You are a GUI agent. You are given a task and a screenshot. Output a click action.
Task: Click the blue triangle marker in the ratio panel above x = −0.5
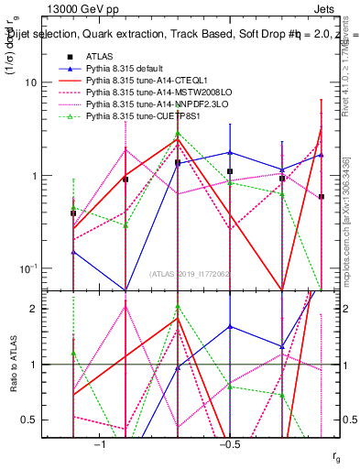pyautogui.click(x=230, y=326)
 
